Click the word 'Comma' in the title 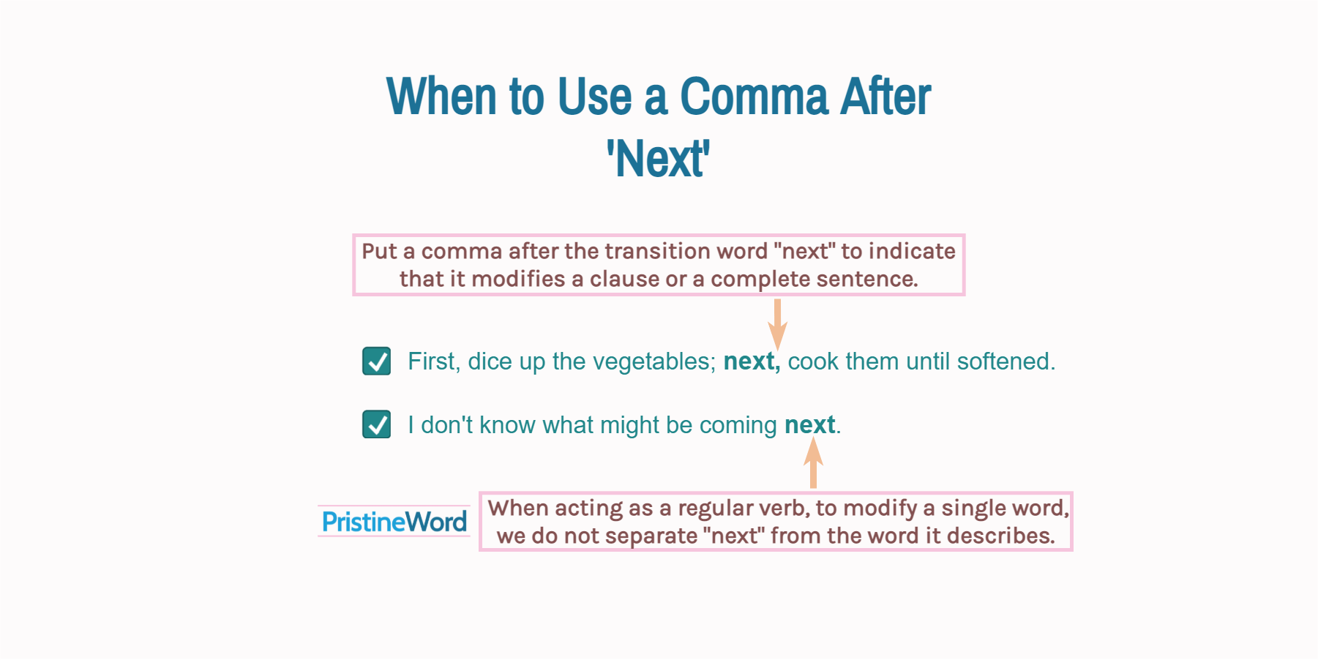(754, 97)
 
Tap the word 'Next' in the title (659, 159)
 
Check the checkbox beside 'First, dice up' (377, 361)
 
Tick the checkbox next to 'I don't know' (377, 424)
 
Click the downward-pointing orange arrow (777, 324)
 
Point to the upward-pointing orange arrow (813, 462)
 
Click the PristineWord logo (394, 522)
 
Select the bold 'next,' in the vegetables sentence (752, 361)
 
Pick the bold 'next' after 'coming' (809, 425)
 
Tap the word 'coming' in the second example (738, 425)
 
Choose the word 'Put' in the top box (379, 251)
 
